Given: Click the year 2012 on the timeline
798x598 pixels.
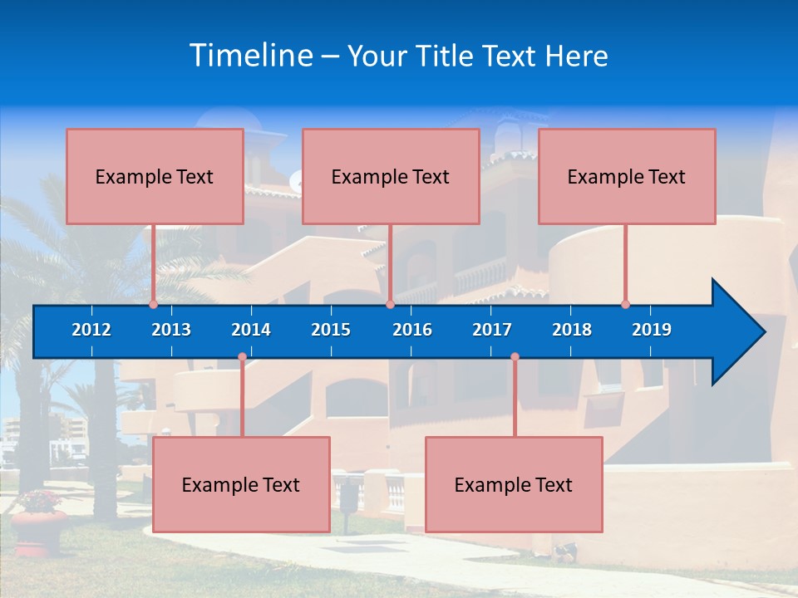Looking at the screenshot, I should click(x=91, y=330).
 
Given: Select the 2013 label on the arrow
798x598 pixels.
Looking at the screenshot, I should click(x=171, y=330).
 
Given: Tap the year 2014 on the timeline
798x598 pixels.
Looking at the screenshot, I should click(x=251, y=330).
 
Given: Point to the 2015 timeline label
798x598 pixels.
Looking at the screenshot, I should click(x=331, y=330).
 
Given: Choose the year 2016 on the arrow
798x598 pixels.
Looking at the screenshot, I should click(x=412, y=330).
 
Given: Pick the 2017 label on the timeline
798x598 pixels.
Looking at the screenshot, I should click(x=492, y=330).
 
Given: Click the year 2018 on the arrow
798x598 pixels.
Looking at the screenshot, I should click(x=572, y=330).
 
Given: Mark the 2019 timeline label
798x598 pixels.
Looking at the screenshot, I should click(x=652, y=330).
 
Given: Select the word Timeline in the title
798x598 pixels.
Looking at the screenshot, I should click(x=251, y=56).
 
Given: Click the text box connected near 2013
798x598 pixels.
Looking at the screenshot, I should click(x=155, y=176).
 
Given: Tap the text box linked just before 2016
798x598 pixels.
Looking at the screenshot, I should click(x=391, y=176).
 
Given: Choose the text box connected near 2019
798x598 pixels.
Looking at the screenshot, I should click(x=627, y=176).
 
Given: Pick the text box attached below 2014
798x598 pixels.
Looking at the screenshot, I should click(x=241, y=484).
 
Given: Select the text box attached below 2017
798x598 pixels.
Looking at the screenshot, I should click(x=514, y=484).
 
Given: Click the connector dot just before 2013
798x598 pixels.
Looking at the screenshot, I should click(x=153, y=305).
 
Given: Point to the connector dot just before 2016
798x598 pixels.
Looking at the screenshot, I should click(x=390, y=305).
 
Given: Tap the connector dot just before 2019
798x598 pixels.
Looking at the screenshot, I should click(x=625, y=305).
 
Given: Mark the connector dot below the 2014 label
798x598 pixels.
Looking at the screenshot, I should click(x=242, y=357).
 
